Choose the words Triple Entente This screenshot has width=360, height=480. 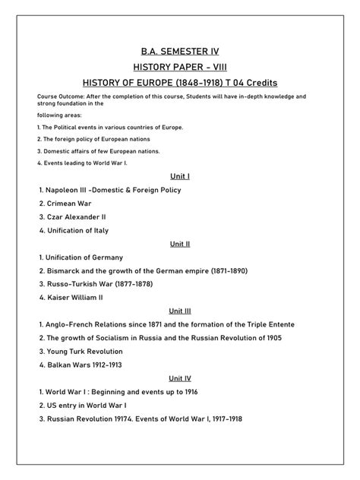coord(267,324)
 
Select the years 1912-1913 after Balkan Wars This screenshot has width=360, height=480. coord(106,365)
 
